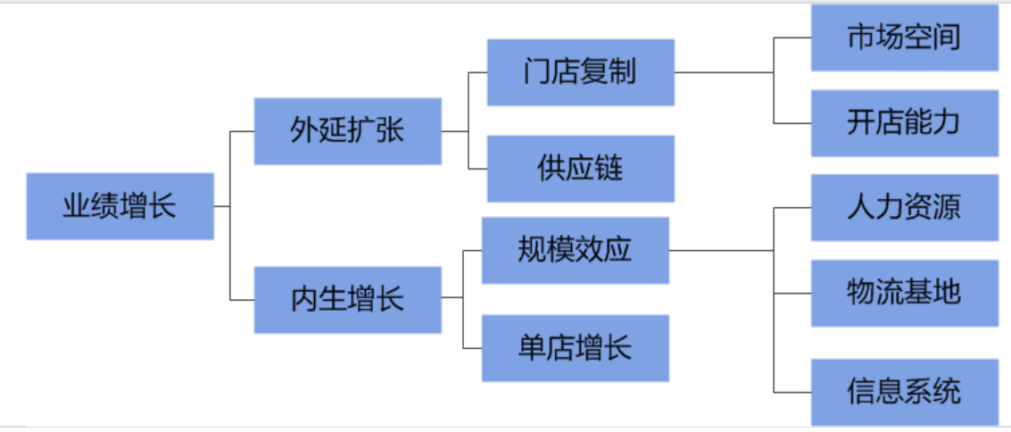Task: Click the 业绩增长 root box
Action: pyautogui.click(x=120, y=206)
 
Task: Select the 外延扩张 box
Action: pyautogui.click(x=347, y=131)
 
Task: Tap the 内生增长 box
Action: pyautogui.click(x=347, y=299)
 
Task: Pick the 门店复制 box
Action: pyautogui.click(x=580, y=72)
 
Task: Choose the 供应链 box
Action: pyautogui.click(x=580, y=169)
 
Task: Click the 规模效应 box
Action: pyautogui.click(x=575, y=250)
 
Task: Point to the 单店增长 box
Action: pyautogui.click(x=575, y=347)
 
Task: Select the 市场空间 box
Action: pyautogui.click(x=904, y=37)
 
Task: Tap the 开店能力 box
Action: pyautogui.click(x=904, y=122)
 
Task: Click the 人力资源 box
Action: pyautogui.click(x=904, y=207)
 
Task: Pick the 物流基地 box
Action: pyautogui.click(x=904, y=293)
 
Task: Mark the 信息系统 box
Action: pyautogui.click(x=904, y=392)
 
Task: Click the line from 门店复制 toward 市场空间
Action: pyautogui.click(x=723, y=72)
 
